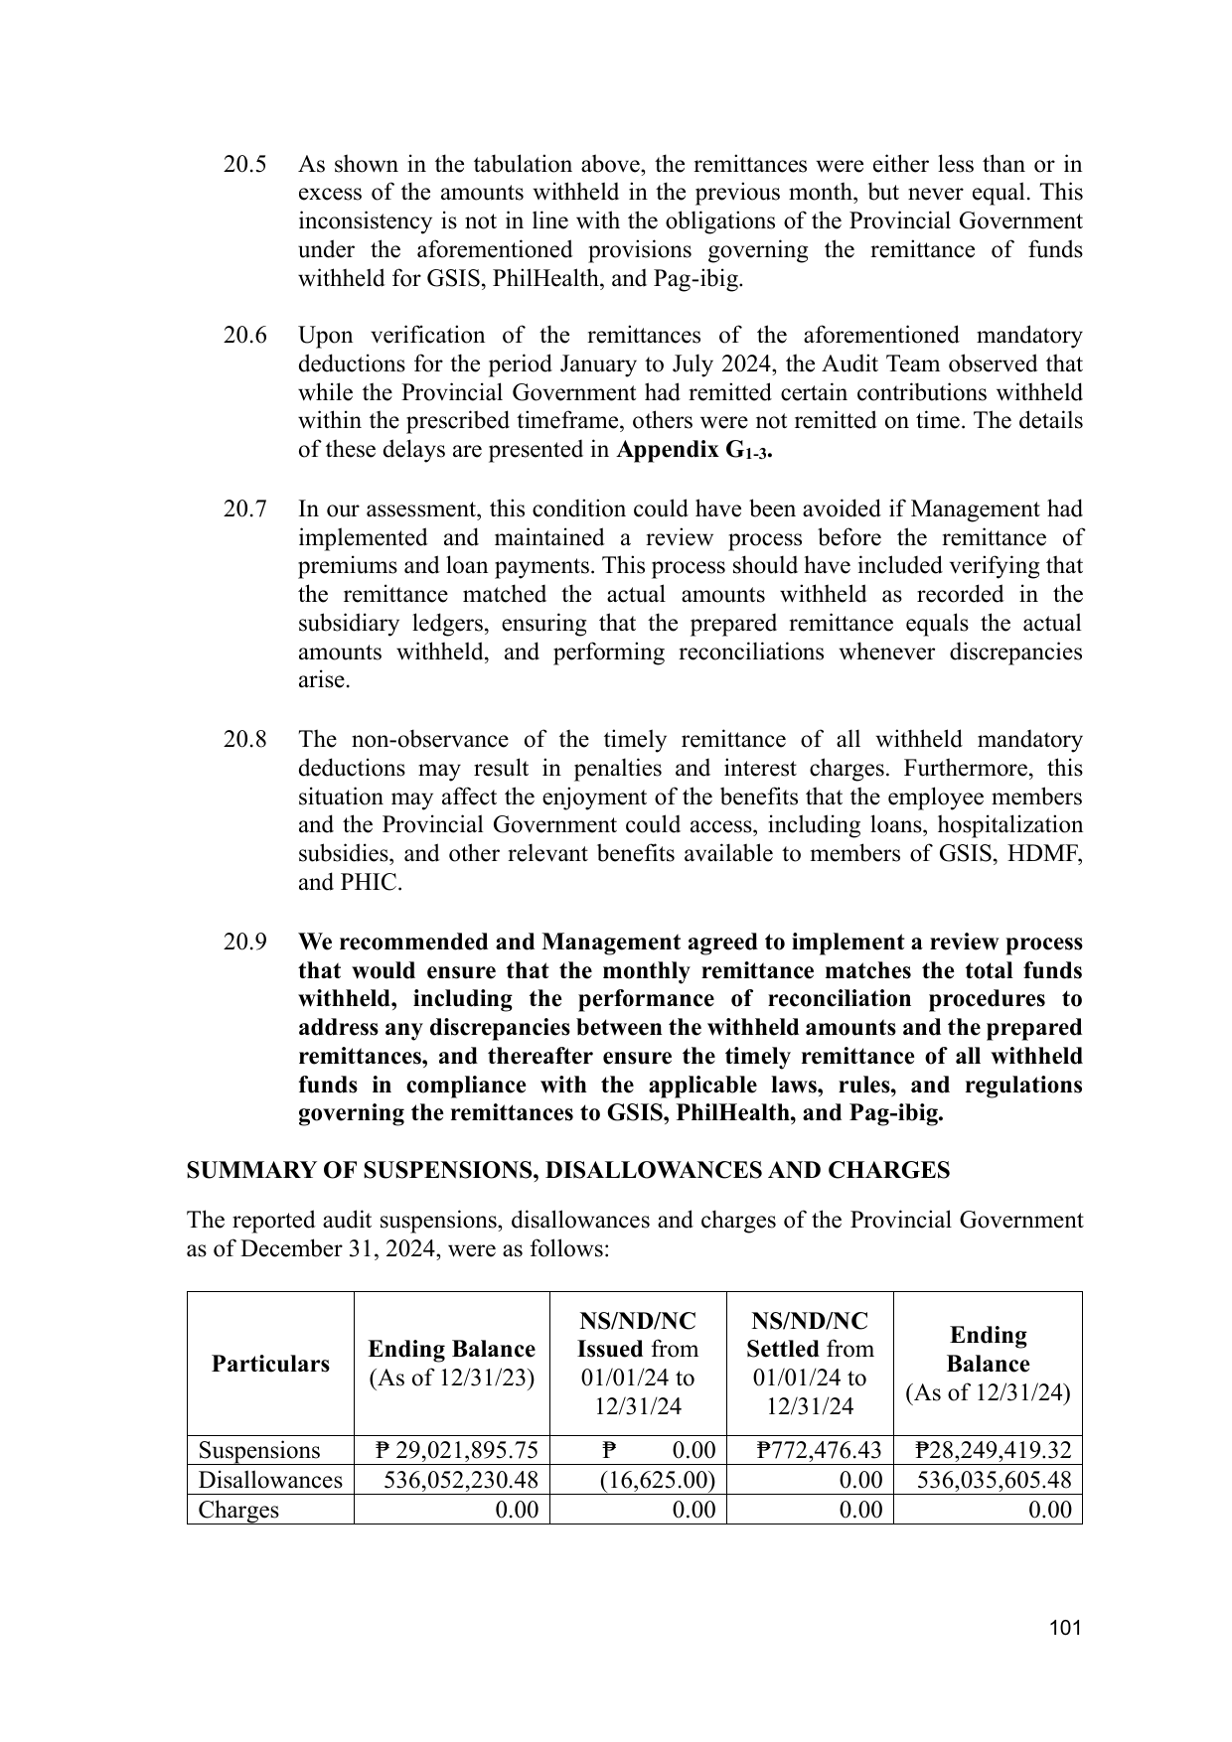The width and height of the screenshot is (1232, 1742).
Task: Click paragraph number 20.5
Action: [x=244, y=165]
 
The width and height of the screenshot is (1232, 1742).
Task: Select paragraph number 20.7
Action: [x=244, y=509]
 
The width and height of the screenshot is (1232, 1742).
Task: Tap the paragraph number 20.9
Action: [x=244, y=942]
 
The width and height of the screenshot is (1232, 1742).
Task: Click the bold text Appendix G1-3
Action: [x=694, y=451]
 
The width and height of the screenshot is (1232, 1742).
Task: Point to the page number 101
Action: [x=1064, y=1628]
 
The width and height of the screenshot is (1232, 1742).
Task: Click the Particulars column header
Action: [x=270, y=1364]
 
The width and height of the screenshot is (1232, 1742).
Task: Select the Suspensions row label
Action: [x=259, y=1451]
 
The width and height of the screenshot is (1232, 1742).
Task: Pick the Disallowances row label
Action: [x=270, y=1480]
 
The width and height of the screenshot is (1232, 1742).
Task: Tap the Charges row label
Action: [x=238, y=1510]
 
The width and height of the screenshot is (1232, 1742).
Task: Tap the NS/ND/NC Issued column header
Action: [x=638, y=1364]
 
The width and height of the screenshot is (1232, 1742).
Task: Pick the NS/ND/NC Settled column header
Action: [x=810, y=1364]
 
